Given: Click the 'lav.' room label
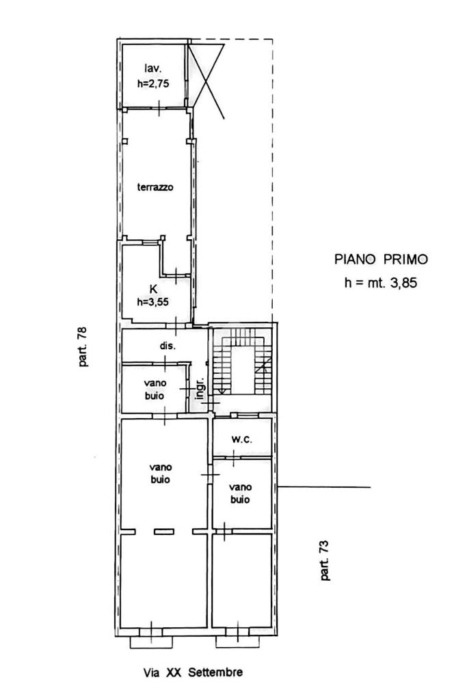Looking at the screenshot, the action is coord(152,68).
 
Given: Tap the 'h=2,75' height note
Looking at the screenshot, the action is coord(153,83).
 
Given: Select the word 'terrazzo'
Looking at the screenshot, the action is coord(155,187).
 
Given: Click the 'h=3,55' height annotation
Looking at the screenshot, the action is coord(153,302).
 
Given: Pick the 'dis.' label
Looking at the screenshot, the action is coord(168,346).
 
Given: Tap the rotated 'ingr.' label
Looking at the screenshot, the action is coord(200,387).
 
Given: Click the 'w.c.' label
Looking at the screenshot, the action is coord(242,439).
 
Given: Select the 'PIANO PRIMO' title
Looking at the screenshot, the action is coord(381,259).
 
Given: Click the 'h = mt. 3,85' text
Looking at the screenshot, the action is coord(380,282).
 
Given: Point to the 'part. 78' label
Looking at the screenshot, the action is coord(83,347).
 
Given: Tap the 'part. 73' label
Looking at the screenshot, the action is coord(325,560).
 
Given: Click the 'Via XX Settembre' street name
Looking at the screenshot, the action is coord(193,672).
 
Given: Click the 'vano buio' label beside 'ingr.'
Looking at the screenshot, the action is coord(155,389).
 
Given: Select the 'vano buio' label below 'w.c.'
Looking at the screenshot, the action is coord(240,493).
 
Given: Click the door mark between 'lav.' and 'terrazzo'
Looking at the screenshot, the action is coord(159,108).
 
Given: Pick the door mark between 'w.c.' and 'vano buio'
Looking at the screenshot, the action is coord(234,457).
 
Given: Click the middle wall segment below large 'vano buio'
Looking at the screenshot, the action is coord(164,532).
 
